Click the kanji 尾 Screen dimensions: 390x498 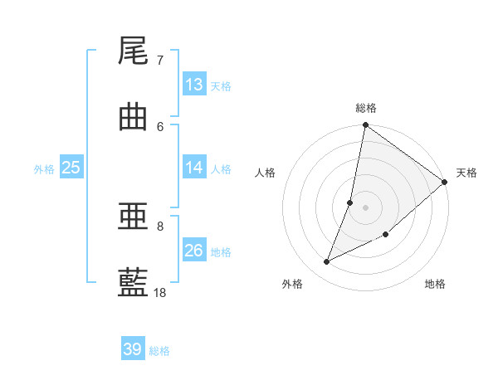133,51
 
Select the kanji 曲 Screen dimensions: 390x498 133,116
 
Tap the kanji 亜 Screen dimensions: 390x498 133,217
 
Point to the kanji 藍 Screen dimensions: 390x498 133,282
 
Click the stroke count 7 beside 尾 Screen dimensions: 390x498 160,61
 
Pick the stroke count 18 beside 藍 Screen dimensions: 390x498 160,292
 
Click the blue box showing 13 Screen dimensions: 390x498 194,85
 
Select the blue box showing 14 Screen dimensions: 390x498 194,168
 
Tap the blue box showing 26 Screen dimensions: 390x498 194,251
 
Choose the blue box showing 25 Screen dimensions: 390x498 71,168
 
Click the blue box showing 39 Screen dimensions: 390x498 133,349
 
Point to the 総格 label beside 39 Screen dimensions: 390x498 159,351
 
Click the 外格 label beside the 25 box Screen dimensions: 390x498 44,169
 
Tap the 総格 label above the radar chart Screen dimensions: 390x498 366,108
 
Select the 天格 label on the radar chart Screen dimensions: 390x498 466,173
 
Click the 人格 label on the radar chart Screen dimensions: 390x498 266,173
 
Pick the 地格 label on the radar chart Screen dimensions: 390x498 435,285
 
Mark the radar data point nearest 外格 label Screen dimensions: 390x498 327,262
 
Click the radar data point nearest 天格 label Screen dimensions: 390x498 445,183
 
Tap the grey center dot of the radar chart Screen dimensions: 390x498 365,207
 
